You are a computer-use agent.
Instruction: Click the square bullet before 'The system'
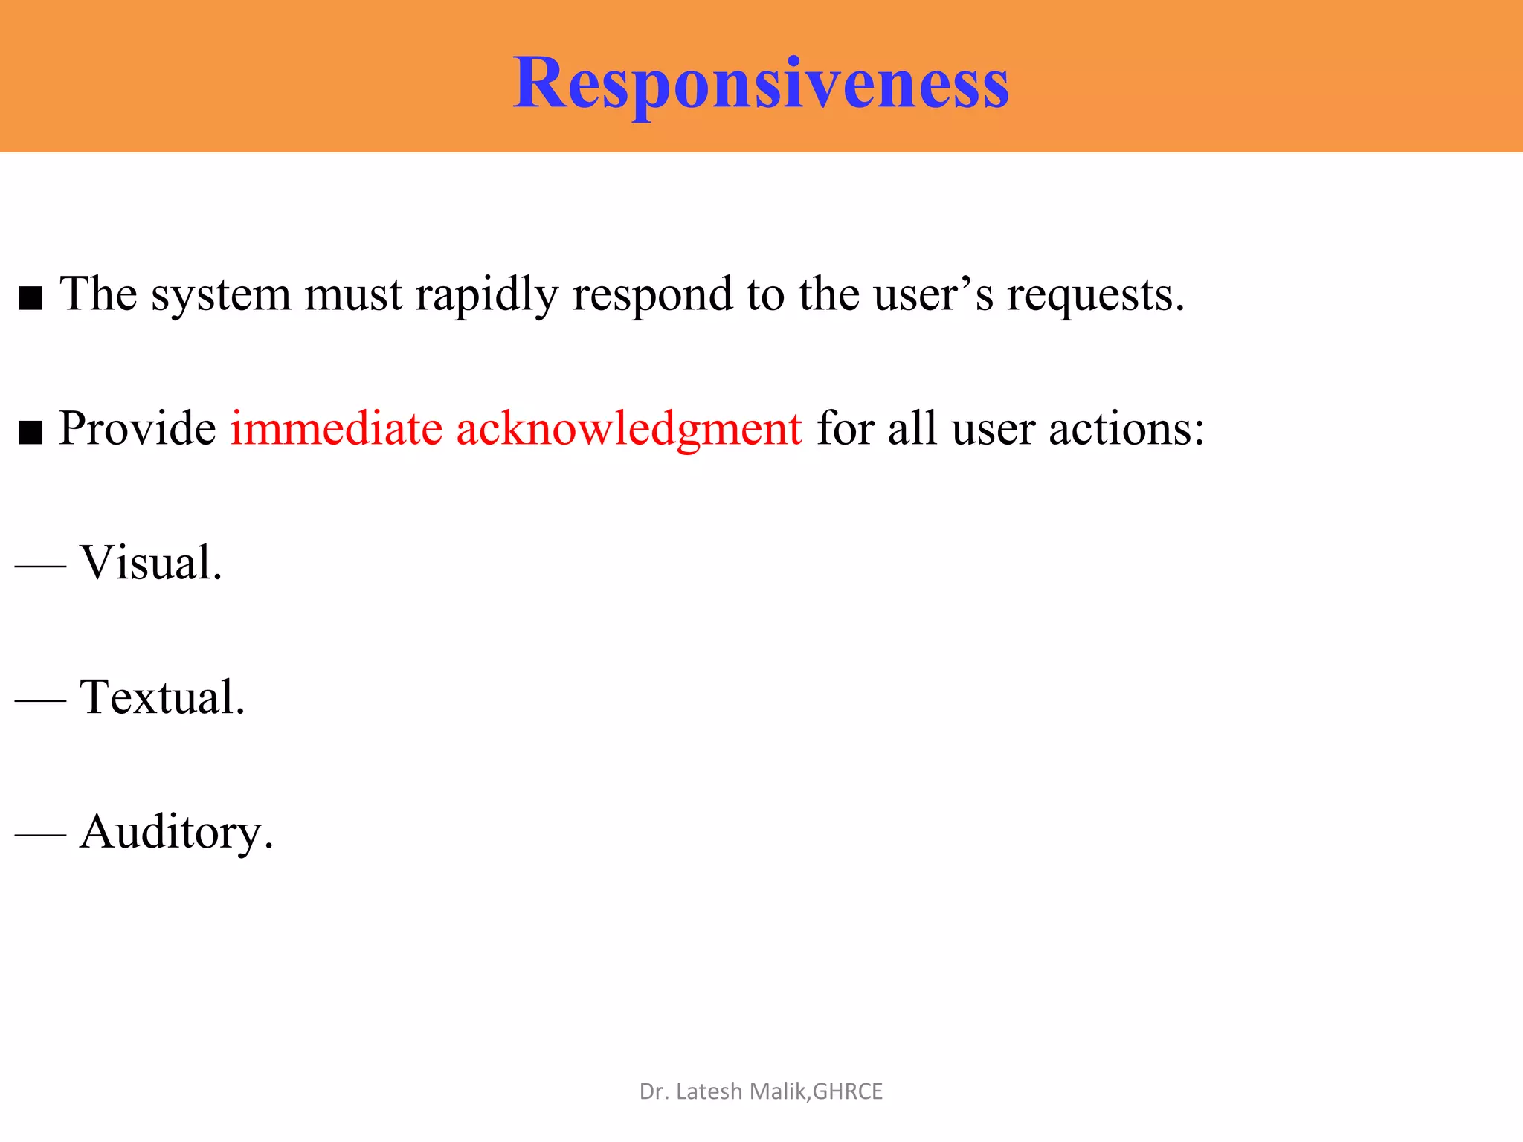coord(30,298)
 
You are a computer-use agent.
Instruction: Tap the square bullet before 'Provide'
coord(30,432)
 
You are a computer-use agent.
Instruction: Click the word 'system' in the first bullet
coord(221,295)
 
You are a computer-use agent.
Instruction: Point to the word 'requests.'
coord(1095,295)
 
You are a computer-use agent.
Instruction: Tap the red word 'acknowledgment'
coord(629,430)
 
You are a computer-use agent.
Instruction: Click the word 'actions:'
coord(1126,429)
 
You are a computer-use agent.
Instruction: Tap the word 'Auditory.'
coord(177,832)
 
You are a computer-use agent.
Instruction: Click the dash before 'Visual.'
coord(40,566)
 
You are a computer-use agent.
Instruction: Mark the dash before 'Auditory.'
coord(40,835)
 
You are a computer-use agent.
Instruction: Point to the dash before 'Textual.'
coord(40,700)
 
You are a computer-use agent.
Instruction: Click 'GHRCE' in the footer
coord(848,1091)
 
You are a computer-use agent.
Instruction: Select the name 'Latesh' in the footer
coord(709,1091)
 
